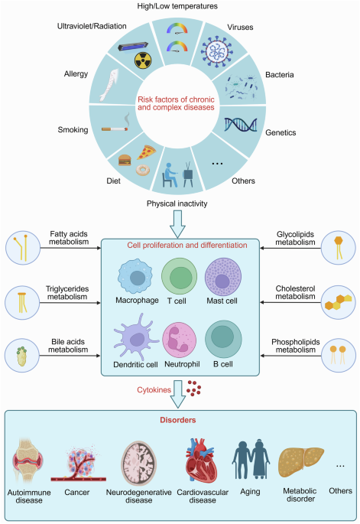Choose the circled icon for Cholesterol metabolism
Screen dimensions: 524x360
[337, 300]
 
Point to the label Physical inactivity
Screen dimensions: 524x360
[178, 203]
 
